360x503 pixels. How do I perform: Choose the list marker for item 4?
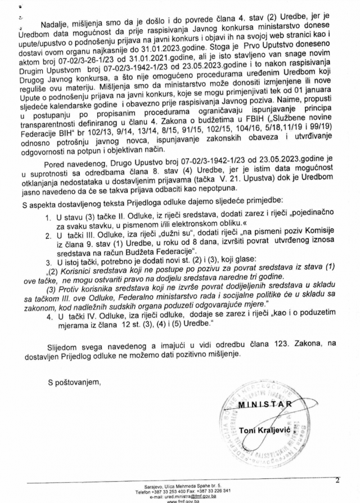(x=64, y=317)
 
